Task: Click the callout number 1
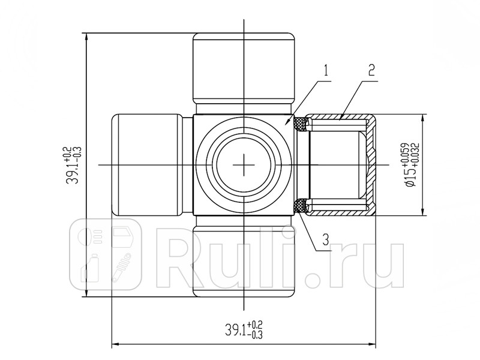[x=326, y=71]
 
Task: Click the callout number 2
[x=371, y=70]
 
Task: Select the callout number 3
[x=326, y=239]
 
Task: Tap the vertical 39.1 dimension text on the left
[x=73, y=165]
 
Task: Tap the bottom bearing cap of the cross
[x=244, y=260]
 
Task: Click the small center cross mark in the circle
[x=244, y=164]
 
